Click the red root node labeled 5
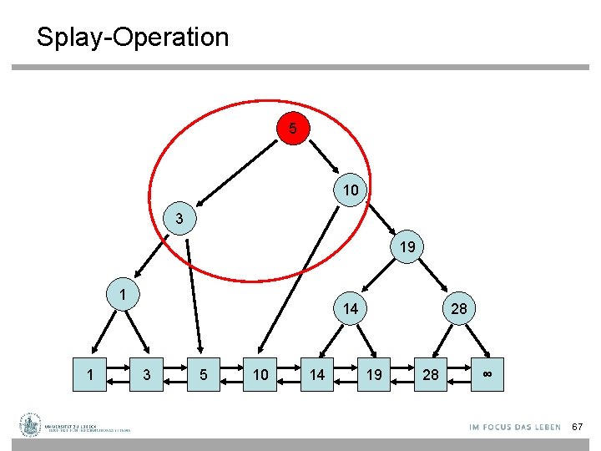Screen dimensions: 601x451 tap(293, 129)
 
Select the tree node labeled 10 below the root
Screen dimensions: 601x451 tap(351, 190)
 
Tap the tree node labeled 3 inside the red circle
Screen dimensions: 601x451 tap(179, 219)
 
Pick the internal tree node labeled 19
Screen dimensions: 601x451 tap(407, 247)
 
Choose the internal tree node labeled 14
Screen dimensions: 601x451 tap(351, 309)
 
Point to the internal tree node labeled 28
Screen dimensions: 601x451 tap(459, 309)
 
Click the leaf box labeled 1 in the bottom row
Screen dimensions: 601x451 tap(90, 374)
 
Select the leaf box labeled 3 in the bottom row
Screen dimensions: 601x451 tap(147, 374)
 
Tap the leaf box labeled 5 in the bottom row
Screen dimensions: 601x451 tap(204, 374)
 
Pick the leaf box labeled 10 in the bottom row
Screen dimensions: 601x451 tap(260, 374)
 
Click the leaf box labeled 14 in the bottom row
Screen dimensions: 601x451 tap(317, 374)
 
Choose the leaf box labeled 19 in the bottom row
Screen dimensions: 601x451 tap(374, 374)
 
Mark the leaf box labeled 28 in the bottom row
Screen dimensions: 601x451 tap(431, 374)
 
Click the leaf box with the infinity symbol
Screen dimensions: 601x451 tap(487, 374)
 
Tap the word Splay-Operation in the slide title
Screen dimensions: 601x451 tap(132, 37)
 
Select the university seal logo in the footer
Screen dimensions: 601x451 tap(31, 425)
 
